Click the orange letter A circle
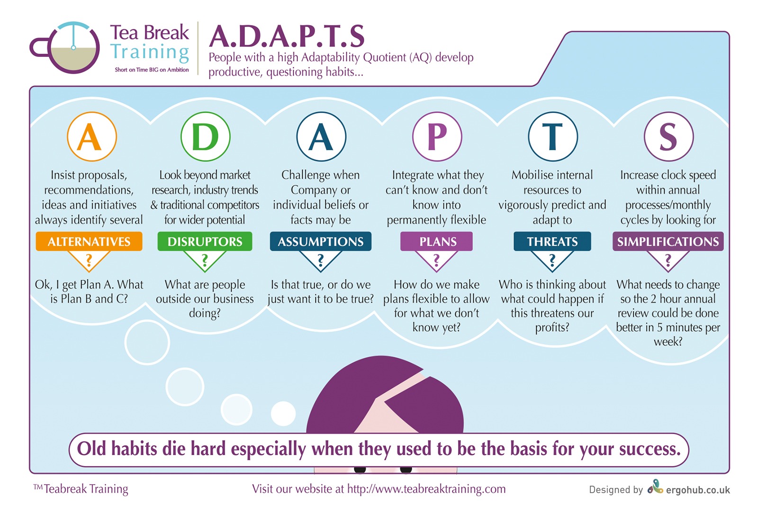[92, 136]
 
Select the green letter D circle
[206, 136]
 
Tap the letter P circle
[437, 136]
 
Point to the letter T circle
[552, 136]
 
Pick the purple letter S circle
[668, 136]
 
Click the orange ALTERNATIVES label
[89, 241]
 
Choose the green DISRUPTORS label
[205, 241]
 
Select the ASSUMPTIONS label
[320, 241]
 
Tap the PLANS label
[436, 241]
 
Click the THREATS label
[552, 241]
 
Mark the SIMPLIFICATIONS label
[668, 241]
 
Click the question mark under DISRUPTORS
[205, 260]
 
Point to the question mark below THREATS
[552, 260]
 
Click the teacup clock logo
[65, 48]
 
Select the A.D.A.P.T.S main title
[287, 36]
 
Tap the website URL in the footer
[426, 489]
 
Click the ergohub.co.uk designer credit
[698, 490]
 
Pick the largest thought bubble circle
[147, 342]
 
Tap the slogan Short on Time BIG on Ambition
[152, 70]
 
